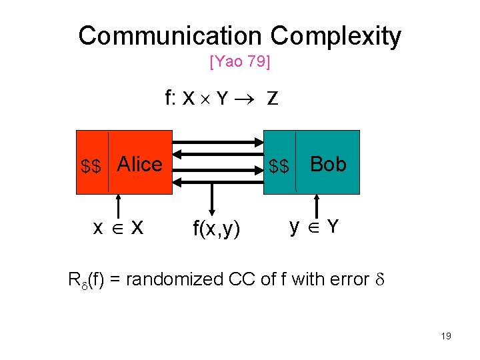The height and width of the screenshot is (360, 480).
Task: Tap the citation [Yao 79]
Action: click(239, 63)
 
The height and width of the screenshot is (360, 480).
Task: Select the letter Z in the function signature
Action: click(272, 99)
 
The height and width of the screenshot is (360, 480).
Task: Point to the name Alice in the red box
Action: click(140, 164)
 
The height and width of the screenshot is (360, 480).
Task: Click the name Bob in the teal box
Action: click(328, 164)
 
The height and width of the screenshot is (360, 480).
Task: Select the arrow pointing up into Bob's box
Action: click(316, 205)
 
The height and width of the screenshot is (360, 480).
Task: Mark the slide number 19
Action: click(446, 336)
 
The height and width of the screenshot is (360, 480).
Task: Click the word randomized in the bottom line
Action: click(167, 279)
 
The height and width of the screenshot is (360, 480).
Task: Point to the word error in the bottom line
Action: click(347, 279)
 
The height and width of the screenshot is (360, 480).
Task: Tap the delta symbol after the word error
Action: click(378, 279)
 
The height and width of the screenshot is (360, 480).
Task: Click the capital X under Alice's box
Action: click(137, 228)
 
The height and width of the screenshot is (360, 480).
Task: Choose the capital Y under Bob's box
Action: click(332, 227)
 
